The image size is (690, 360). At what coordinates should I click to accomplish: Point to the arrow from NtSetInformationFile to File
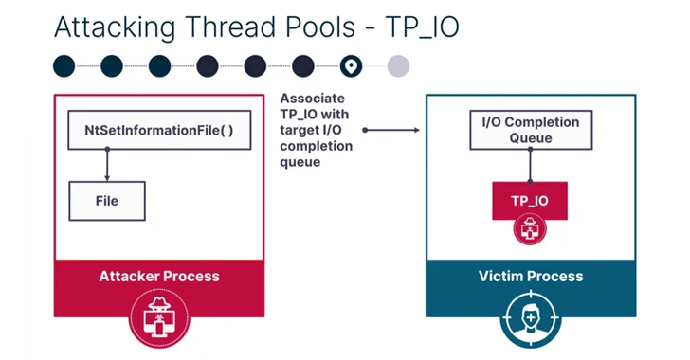(106, 166)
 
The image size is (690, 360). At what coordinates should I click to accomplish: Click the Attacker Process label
(159, 277)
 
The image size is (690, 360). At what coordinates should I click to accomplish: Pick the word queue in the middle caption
(301, 163)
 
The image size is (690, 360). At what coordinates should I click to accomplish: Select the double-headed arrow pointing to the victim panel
(390, 130)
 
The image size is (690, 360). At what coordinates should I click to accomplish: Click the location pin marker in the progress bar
(352, 65)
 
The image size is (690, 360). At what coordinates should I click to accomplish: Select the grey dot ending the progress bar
(399, 65)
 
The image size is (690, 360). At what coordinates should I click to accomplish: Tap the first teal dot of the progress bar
(64, 65)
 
